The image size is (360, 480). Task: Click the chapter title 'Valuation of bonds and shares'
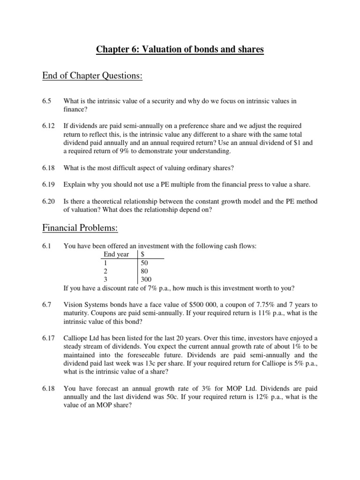pos(180,50)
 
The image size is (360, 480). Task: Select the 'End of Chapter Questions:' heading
pos(92,75)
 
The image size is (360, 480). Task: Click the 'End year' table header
pos(116,254)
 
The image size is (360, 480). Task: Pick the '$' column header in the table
pos(142,254)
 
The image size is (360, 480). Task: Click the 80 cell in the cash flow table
pos(144,271)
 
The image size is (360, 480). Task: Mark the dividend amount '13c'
pos(149,364)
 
